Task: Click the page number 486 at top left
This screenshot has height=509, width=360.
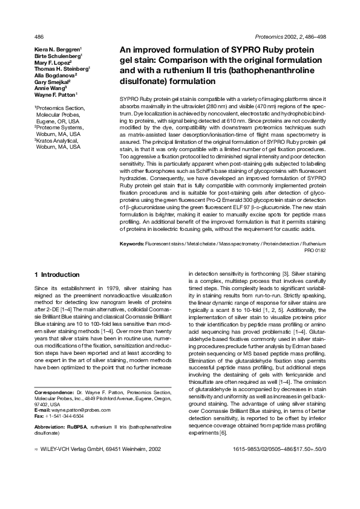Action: pyautogui.click(x=39, y=37)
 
